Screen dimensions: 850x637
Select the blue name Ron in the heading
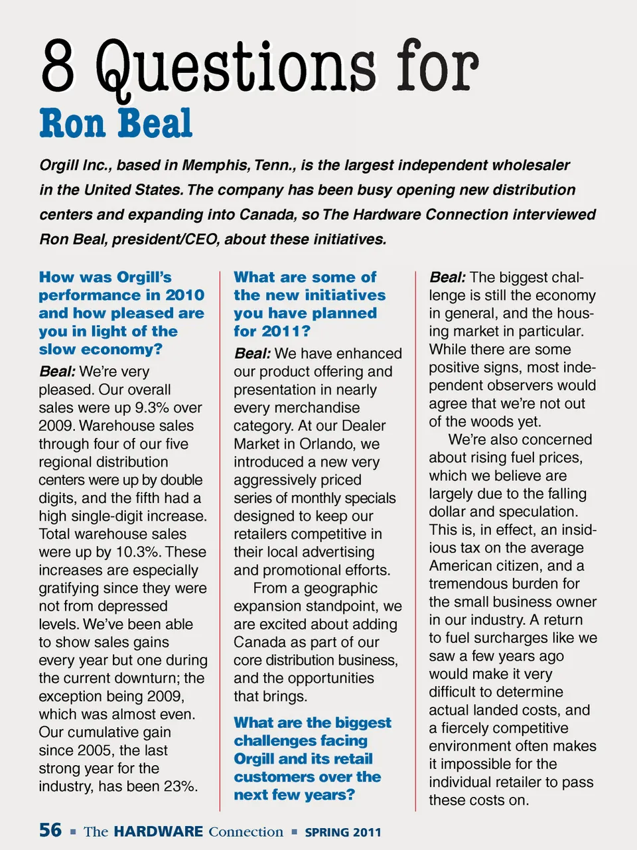click(x=72, y=124)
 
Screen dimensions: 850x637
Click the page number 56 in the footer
click(x=50, y=831)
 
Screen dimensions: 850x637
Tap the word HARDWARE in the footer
click(x=158, y=831)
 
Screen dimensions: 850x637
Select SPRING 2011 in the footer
click(x=343, y=832)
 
